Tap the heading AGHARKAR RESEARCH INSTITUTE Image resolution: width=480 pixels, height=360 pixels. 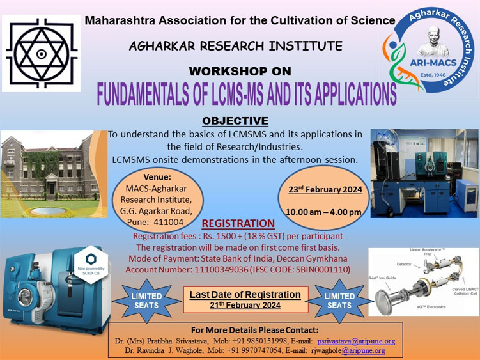[x=235, y=46]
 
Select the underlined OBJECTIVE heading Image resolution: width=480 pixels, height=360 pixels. [x=235, y=121]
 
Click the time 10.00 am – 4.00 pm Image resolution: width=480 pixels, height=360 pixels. [x=323, y=212]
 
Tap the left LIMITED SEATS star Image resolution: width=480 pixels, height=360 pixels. [x=146, y=301]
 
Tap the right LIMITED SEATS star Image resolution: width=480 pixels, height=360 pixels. [x=339, y=301]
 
